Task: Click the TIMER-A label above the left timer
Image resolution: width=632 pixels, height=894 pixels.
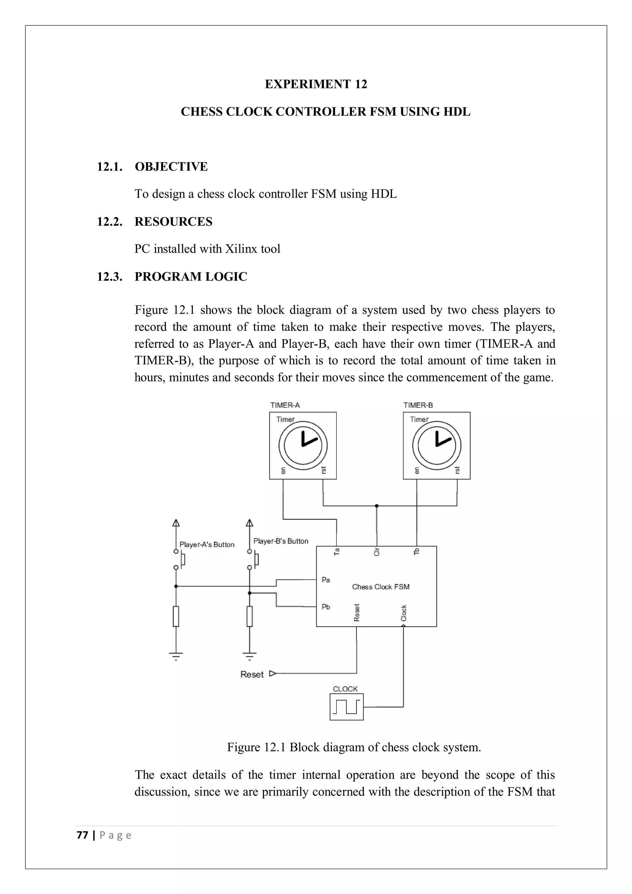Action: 285,405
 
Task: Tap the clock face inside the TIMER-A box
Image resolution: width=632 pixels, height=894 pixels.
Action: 303,445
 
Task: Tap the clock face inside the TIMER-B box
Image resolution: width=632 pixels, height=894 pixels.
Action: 437,445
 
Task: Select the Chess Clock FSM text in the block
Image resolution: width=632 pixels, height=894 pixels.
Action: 380,587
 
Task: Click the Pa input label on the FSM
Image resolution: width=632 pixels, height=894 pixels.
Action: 326,580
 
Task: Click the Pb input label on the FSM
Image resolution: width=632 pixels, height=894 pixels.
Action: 326,607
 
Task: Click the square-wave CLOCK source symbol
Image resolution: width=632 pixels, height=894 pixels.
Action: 346,707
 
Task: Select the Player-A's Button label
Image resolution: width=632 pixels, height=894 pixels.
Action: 207,545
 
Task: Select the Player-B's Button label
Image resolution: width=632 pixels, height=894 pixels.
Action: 281,541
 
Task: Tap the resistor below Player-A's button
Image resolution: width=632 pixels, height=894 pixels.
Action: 176,616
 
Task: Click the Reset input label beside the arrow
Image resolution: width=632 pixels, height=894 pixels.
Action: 252,675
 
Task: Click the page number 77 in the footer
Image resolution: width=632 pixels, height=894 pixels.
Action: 82,835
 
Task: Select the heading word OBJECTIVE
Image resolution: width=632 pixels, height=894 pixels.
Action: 171,167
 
